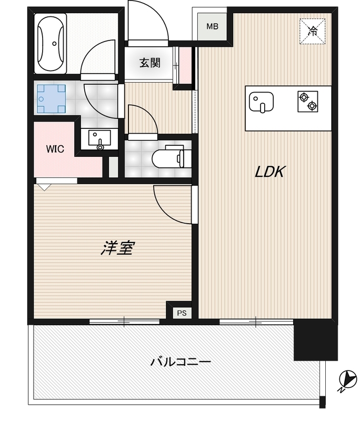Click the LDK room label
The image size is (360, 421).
pos(269,172)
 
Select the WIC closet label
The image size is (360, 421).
pos(55,149)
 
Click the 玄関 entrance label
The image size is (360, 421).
pos(150,63)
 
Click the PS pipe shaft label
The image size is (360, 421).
pos(182,313)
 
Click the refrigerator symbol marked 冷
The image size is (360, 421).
pos(313,31)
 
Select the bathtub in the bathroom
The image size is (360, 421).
pos(51,44)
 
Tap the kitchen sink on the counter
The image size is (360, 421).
pos(260,102)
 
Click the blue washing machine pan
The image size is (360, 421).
pos(51,99)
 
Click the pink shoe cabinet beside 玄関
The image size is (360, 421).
pos(185,66)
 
